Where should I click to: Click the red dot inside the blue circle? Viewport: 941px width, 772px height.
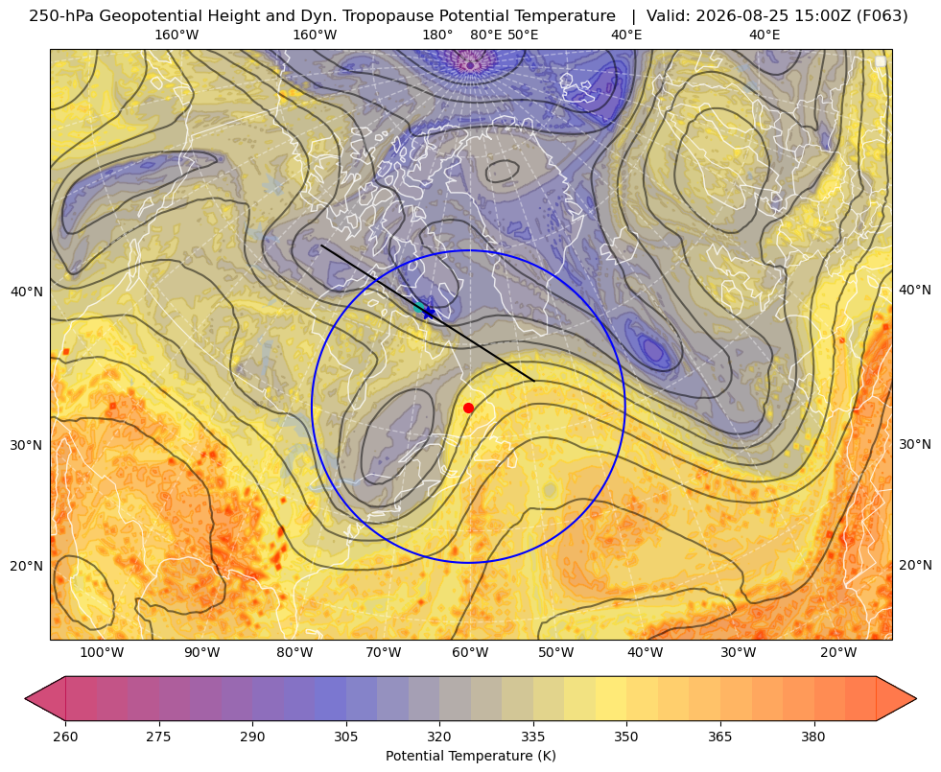[469, 408]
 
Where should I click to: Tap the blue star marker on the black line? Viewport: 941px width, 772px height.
[428, 312]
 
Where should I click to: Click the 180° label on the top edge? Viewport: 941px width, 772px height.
[437, 35]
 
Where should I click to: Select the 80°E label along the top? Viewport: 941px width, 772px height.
[486, 35]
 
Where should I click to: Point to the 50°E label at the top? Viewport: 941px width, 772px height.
[523, 35]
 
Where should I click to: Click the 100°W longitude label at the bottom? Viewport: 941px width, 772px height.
[102, 653]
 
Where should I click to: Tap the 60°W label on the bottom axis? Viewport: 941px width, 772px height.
[470, 653]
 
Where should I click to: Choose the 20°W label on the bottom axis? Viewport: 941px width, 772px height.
[838, 653]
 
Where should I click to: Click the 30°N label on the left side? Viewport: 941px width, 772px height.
[27, 445]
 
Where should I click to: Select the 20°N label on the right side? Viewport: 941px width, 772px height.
[915, 565]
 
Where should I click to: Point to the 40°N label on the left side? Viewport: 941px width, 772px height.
[27, 292]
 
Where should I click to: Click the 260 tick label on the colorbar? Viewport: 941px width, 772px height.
[65, 737]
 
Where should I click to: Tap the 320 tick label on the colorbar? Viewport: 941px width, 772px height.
[439, 737]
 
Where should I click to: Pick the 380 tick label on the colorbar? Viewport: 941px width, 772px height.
[813, 737]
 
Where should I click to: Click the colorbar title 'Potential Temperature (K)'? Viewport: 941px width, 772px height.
[470, 756]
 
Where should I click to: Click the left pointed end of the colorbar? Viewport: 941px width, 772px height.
[26, 698]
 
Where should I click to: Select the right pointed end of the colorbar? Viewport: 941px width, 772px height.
[916, 698]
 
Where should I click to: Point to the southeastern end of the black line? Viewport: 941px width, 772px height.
[534, 381]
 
